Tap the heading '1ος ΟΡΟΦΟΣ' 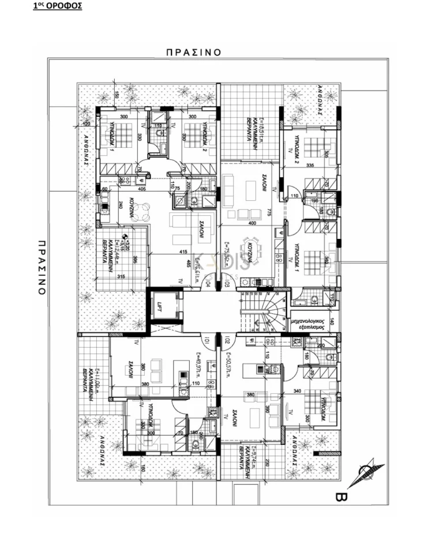coord(57,6)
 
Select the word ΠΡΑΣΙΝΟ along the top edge coord(193,52)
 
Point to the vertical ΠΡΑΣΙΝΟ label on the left coord(42,260)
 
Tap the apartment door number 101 coord(205,341)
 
